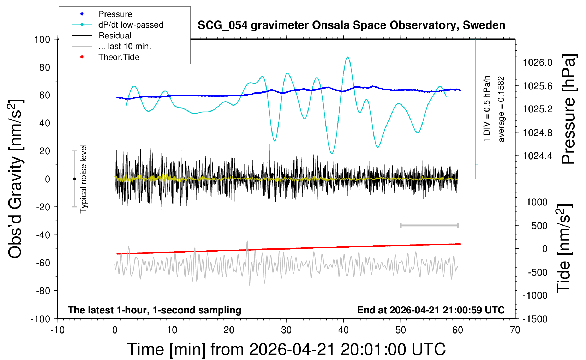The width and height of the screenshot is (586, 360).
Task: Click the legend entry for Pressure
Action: (115, 14)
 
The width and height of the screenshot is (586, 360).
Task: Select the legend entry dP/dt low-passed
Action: (131, 25)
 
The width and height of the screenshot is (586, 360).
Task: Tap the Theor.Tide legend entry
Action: (119, 57)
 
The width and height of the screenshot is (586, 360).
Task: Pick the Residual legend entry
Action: (115, 36)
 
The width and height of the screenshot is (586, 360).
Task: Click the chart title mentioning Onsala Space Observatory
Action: (351, 25)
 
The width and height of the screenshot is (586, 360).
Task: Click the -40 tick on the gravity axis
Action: (43, 235)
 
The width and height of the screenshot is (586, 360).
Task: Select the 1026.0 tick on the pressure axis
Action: (537, 62)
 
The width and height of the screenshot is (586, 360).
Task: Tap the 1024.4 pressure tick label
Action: (537, 156)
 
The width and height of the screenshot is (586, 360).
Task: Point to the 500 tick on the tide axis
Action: (539, 226)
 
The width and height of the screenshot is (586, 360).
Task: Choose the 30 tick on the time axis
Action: (286, 330)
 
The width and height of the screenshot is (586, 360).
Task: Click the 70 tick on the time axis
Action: (515, 330)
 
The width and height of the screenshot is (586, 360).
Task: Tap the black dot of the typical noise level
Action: (74, 179)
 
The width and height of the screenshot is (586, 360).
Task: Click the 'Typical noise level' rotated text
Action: (83, 179)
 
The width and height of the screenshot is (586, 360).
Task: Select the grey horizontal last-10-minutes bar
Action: (429, 225)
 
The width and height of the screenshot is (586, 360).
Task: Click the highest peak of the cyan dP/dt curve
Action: (348, 57)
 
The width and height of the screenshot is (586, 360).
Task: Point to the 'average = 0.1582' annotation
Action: (501, 109)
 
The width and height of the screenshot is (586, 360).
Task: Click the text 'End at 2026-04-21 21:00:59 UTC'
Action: (431, 310)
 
